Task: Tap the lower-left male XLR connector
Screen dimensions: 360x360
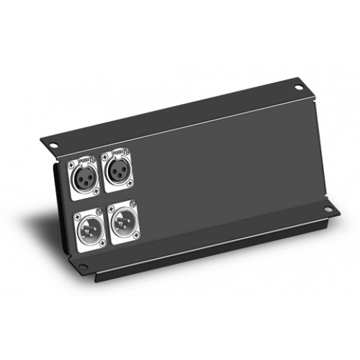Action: point(90,223)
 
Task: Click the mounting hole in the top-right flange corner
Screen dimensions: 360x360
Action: point(298,88)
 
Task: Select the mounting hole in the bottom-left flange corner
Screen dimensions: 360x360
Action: point(83,267)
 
